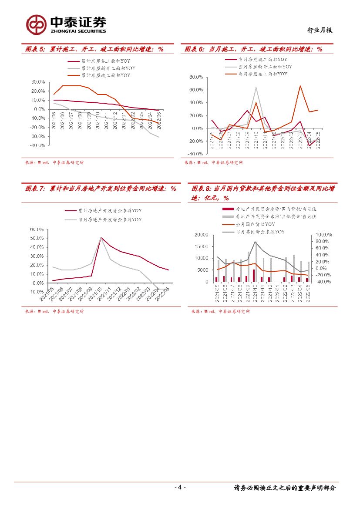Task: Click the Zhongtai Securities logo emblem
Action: point(36,25)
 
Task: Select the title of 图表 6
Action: point(253,49)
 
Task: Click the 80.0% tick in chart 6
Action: point(196,77)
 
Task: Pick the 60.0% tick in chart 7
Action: point(37,229)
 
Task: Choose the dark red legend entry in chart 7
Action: point(109,211)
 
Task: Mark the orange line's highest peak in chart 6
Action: point(300,86)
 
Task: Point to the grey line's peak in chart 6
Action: point(256,87)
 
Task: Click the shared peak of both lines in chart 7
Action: point(101,237)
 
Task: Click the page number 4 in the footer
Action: point(180,488)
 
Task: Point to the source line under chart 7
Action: point(54,311)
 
